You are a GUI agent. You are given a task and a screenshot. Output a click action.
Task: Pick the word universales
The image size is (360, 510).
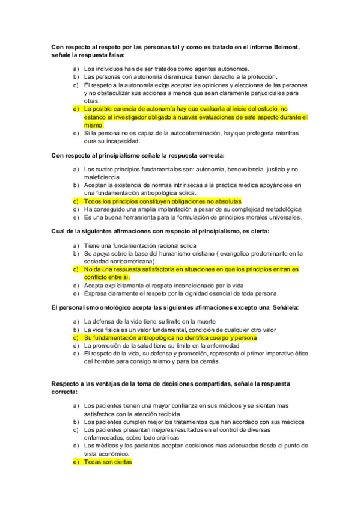[282, 217]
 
